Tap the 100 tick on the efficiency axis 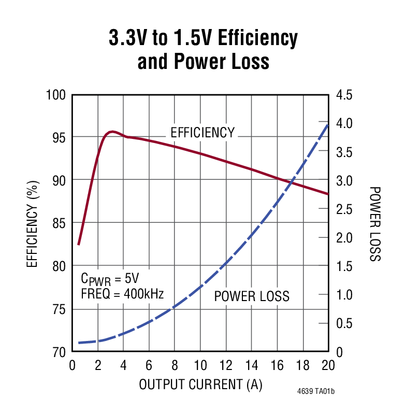pos(57,95)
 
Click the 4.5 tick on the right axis pos(344,95)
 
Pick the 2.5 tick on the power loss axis pos(344,209)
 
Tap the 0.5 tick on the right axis pos(344,323)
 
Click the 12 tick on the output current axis pos(225,365)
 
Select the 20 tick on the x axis pos(327,365)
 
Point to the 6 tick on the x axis pos(149,365)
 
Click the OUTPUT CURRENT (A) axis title pos(200,384)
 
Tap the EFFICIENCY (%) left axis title pos(33,223)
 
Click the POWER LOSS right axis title pos(375,224)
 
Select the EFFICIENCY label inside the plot pos(202,133)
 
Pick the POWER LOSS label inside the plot pos(252,296)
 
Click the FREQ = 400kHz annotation pos(122,294)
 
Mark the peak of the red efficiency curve pos(112,132)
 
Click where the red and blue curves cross pos(292,182)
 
